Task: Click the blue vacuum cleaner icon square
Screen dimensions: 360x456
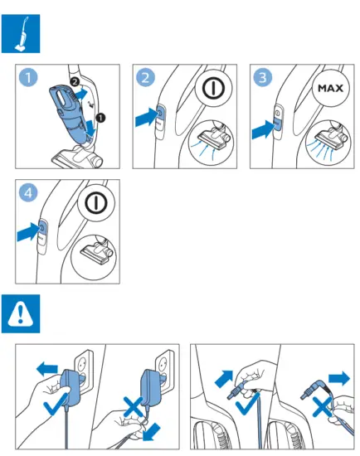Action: coord(21,34)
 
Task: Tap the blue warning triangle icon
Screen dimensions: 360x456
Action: coord(21,313)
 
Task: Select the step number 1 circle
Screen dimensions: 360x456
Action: coord(28,77)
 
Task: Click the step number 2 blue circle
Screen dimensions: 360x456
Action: coord(145,77)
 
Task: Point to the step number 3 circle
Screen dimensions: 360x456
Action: coord(263,77)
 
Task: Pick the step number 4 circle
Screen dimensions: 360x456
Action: coord(28,192)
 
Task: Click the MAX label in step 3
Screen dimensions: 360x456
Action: coord(330,88)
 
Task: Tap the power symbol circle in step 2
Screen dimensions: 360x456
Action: coord(213,88)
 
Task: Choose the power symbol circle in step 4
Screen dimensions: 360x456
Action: coord(96,203)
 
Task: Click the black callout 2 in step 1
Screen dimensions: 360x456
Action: coord(75,82)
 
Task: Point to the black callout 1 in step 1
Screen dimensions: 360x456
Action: coord(100,118)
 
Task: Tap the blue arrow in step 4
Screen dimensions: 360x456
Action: coord(28,231)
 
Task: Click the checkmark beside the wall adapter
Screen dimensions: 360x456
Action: coord(56,404)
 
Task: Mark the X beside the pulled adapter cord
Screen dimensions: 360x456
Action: coord(133,407)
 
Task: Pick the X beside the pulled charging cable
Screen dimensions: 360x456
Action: coord(322,407)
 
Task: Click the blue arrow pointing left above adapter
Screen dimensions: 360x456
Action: coord(46,369)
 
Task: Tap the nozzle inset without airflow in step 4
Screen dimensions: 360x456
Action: coord(94,255)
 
